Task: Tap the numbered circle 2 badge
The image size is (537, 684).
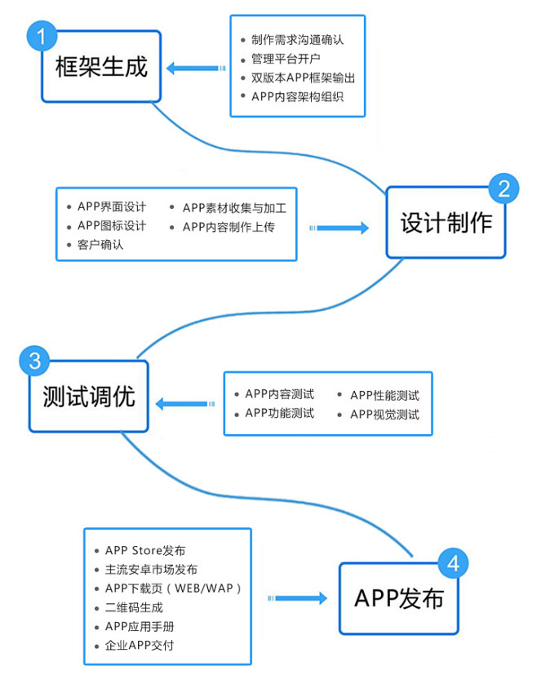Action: tap(504, 189)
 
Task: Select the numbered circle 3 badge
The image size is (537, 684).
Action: tap(33, 360)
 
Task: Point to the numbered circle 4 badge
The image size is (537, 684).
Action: tap(454, 563)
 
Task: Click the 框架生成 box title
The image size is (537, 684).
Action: tap(102, 66)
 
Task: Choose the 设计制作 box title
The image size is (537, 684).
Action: tap(446, 223)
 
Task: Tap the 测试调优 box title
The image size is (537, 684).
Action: tap(89, 397)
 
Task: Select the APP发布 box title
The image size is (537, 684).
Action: tap(399, 598)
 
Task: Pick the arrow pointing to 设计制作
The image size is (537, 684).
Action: tap(340, 229)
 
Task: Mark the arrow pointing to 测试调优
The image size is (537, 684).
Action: tap(184, 403)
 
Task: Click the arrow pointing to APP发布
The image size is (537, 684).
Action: tap(297, 598)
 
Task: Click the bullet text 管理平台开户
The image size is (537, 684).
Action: tap(286, 59)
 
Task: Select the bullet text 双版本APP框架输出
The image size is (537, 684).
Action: tap(303, 78)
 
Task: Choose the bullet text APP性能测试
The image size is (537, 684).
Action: tap(384, 395)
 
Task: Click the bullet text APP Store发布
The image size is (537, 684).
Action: tap(145, 551)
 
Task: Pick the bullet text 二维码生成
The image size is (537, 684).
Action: tap(135, 607)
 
